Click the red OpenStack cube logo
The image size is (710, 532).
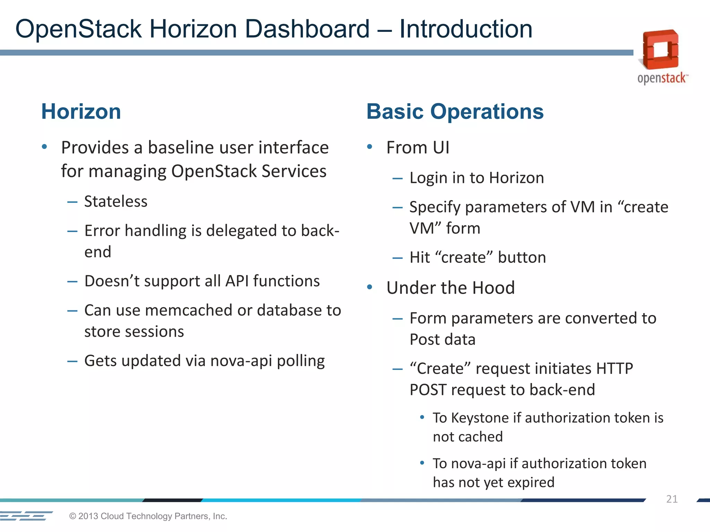point(660,50)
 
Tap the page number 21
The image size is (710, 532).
point(672,499)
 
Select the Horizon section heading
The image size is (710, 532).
point(81,112)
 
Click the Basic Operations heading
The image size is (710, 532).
point(455,112)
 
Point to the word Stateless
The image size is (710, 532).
point(116,202)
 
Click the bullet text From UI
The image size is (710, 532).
point(418,148)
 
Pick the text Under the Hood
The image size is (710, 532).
point(450,288)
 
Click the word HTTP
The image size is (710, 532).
point(614,369)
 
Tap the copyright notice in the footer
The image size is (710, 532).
point(148,516)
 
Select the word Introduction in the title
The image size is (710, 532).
point(466,29)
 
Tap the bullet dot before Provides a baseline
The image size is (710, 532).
point(44,147)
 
